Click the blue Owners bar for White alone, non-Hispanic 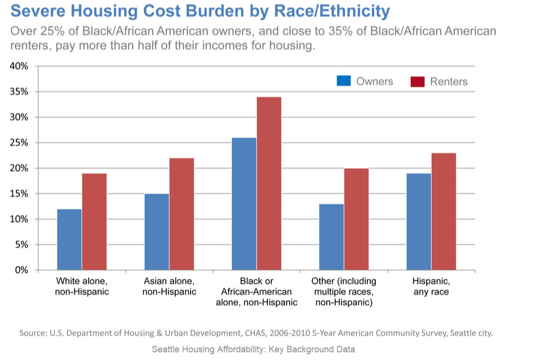[69, 240]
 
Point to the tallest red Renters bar [269, 183]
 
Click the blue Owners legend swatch [344, 81]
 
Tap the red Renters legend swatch [417, 81]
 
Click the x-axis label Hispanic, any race [431, 286]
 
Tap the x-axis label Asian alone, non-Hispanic [169, 286]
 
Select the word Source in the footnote [33, 333]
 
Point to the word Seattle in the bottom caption [166, 349]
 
